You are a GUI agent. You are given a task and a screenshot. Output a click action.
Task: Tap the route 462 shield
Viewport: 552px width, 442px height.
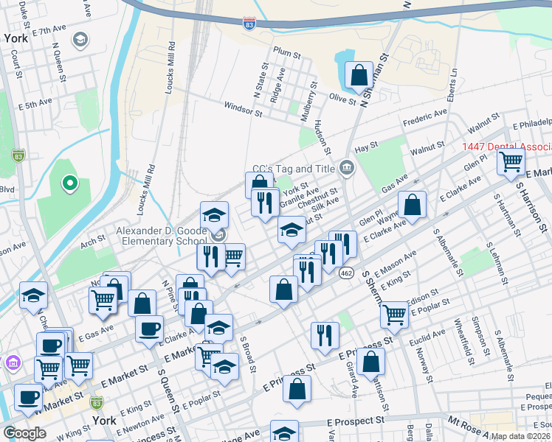[x=345, y=273]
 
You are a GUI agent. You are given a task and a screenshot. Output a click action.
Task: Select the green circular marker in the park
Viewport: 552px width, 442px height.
[x=69, y=182]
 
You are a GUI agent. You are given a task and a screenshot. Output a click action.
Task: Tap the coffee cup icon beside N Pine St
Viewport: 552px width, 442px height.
[x=149, y=328]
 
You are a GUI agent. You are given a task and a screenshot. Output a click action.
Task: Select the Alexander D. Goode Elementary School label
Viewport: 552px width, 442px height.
[x=161, y=236]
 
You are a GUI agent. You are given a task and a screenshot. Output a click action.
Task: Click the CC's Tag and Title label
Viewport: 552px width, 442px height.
[x=294, y=169]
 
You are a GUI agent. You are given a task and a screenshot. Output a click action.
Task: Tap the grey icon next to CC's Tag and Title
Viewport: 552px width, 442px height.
[x=348, y=169]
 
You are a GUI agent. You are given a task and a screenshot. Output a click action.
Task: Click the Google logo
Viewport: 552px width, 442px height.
[x=24, y=432]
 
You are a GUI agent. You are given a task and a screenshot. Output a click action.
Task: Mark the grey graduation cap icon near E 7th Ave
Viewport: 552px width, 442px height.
[x=80, y=39]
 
